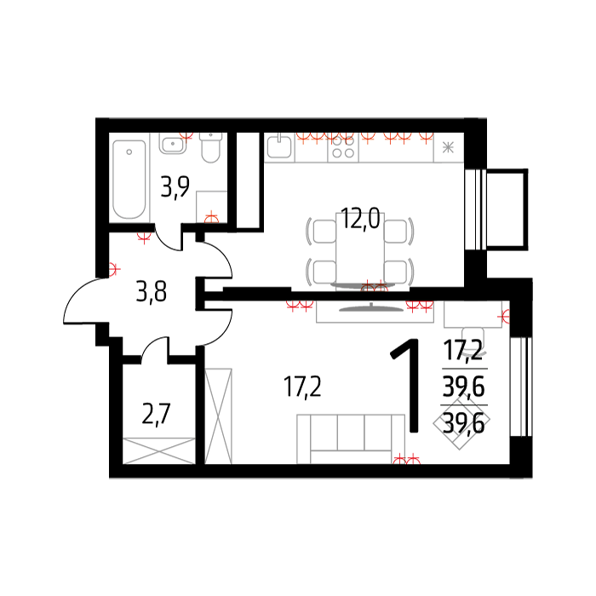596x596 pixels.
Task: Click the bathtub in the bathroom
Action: (129, 180)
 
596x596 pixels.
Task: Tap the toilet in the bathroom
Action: (210, 147)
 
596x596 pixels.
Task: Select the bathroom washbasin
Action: (173, 144)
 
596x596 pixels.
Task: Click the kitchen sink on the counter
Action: (279, 147)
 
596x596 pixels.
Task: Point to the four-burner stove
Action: (343, 147)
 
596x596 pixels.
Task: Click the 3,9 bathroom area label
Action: (175, 186)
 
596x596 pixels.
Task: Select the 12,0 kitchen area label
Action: (360, 219)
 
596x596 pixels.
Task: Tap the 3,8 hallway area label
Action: (152, 291)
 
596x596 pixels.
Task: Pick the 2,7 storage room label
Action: (156, 414)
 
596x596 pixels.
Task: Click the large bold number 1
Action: (408, 386)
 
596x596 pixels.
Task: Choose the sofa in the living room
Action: (351, 439)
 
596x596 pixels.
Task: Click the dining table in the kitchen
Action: (360, 251)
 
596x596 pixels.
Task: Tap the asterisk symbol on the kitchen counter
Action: (449, 147)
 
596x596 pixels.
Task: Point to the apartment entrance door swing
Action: (84, 301)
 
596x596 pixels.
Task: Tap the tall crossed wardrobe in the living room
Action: (219, 416)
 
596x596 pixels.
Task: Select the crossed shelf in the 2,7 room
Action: (159, 450)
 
